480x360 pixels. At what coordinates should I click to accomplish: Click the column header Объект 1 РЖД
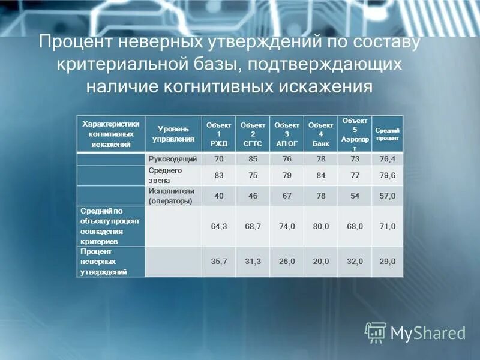[218, 134]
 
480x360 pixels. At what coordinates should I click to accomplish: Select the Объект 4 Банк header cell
[316, 134]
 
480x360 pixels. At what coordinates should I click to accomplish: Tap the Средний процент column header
[388, 134]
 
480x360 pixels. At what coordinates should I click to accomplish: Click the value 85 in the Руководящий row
[253, 159]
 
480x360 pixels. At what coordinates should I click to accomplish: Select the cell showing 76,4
[388, 159]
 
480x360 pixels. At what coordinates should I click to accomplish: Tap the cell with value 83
[218, 175]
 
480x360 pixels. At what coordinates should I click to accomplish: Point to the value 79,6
[388, 175]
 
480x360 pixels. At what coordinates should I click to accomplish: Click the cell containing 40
[218, 196]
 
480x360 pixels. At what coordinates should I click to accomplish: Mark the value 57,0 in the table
[388, 196]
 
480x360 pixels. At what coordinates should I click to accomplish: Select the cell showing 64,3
[218, 226]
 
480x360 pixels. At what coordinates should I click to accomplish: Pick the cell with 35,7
[218, 262]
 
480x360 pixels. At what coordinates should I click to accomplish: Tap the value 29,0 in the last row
[388, 262]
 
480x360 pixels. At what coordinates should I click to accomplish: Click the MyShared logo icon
[376, 332]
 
